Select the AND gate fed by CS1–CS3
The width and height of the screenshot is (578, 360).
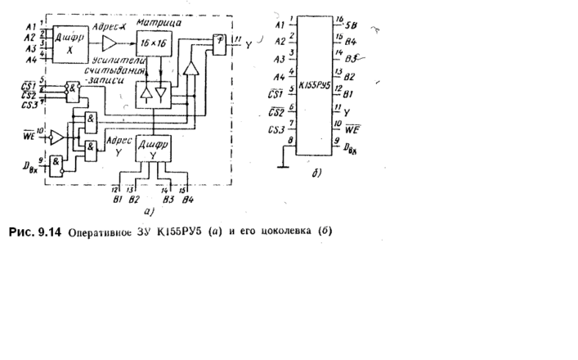pyautogui.click(x=74, y=88)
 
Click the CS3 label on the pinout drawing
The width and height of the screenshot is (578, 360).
pyautogui.click(x=276, y=130)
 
